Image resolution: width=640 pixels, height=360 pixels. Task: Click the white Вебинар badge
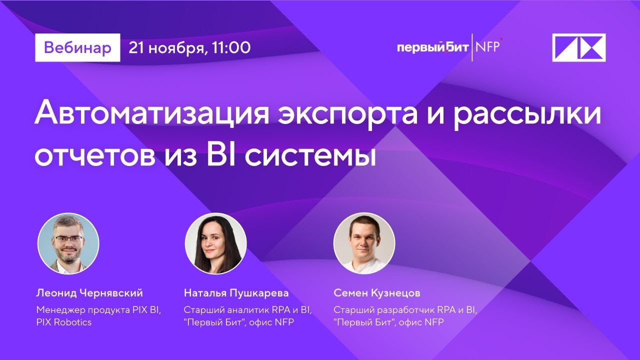[77, 47]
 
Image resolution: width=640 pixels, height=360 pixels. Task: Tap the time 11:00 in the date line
[231, 47]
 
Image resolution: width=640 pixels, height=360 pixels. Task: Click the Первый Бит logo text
[432, 47]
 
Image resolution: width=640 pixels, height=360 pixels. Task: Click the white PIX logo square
[578, 47]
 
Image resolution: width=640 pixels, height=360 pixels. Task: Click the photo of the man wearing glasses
[68, 243]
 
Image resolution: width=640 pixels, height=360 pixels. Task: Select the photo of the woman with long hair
[216, 243]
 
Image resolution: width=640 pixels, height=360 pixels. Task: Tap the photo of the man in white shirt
[364, 243]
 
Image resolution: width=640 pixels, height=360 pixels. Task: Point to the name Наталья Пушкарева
[236, 293]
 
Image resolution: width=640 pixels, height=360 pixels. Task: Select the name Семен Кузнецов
[377, 293]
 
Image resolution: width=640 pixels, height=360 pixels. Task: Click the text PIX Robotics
[64, 322]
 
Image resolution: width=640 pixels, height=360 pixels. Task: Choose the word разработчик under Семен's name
[400, 310]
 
